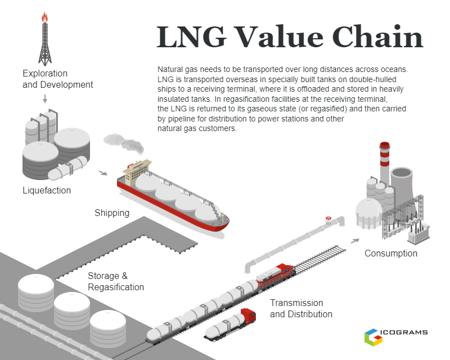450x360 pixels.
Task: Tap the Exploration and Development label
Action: (57, 79)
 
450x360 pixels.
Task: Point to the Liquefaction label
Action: (47, 191)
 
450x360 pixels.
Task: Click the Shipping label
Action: (112, 213)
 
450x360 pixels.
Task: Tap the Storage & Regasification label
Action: (116, 281)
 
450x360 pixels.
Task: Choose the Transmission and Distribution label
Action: (301, 308)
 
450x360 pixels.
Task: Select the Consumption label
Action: (391, 253)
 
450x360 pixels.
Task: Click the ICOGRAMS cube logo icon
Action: (373, 336)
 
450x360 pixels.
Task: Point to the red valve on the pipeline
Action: (328, 218)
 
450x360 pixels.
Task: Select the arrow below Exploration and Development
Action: (44, 99)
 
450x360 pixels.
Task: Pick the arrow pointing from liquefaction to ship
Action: (103, 173)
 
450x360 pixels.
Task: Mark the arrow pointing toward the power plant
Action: (354, 240)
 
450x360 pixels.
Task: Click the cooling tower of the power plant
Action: (403, 183)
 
